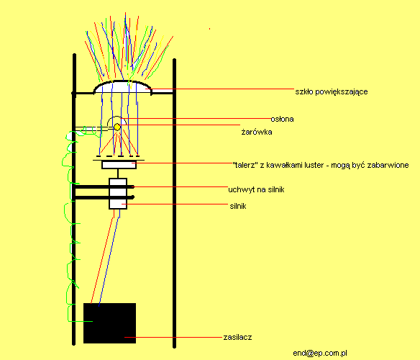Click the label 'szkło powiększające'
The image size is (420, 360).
[332, 91]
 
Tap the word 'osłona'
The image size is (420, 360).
[283, 119]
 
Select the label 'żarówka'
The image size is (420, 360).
[257, 132]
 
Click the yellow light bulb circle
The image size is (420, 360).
[117, 127]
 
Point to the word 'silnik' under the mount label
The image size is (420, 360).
[238, 206]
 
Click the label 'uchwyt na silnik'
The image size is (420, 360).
[256, 189]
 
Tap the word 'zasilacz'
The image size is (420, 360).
[237, 337]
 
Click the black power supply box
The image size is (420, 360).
[109, 323]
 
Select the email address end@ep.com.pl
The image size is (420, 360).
[320, 353]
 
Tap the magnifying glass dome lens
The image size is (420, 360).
[122, 86]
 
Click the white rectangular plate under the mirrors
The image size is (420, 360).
[119, 165]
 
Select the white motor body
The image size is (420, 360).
[118, 194]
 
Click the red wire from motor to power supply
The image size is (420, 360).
[103, 256]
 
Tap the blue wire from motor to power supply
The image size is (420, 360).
[109, 258]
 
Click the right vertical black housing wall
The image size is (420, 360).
[174, 203]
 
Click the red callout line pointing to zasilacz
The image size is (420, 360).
[173, 337]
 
